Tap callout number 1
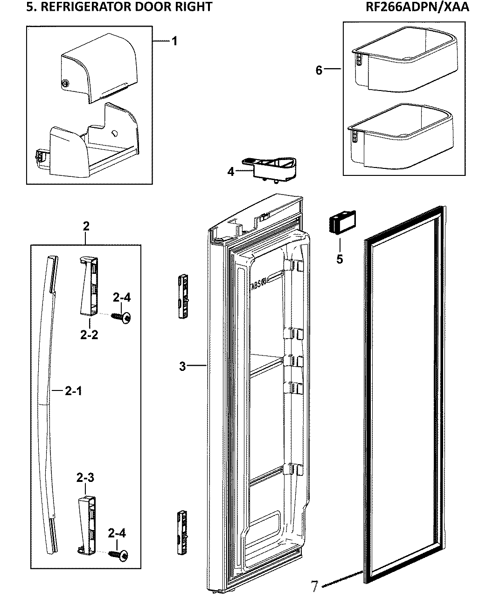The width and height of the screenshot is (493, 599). click(174, 42)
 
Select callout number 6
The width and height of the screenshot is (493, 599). click(319, 70)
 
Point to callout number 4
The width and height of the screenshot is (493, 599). click(231, 172)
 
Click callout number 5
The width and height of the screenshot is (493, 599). click(340, 258)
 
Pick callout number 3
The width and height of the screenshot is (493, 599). click(182, 366)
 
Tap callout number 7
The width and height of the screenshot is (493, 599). click(316, 585)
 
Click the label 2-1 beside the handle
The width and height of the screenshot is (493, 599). click(73, 391)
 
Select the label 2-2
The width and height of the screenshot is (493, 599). click(89, 334)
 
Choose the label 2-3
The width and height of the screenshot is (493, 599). click(85, 478)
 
